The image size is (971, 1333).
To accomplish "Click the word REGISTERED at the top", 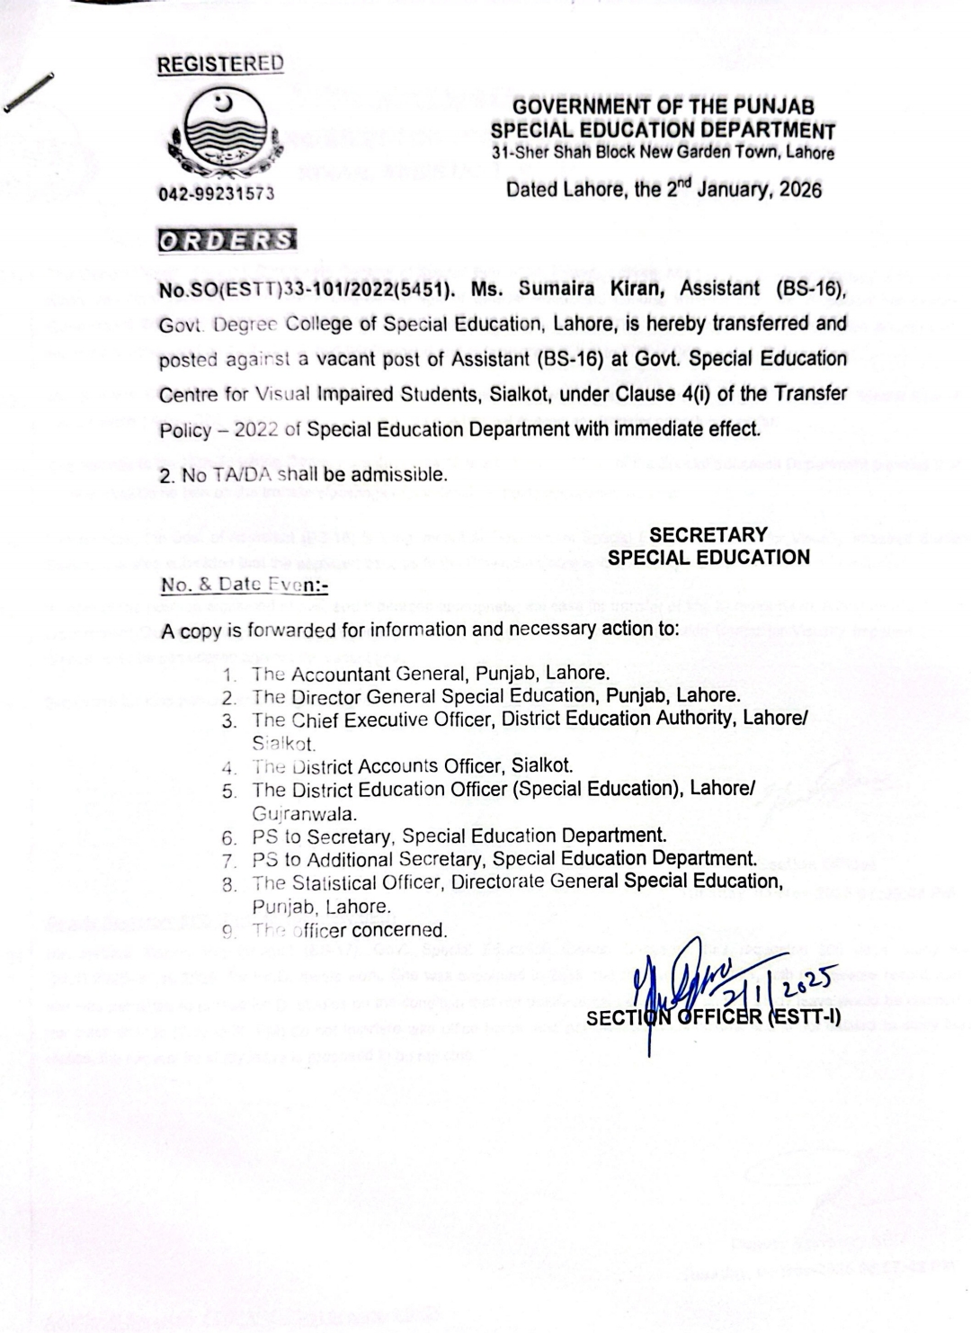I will point(220,64).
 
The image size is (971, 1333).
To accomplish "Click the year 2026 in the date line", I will point(799,191).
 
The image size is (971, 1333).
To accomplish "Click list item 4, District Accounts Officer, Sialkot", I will point(412,766).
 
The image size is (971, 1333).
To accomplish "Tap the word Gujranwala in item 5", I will point(305,813).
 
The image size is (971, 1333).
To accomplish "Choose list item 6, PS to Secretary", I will point(459,836).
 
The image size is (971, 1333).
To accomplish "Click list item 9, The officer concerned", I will point(349,930).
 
